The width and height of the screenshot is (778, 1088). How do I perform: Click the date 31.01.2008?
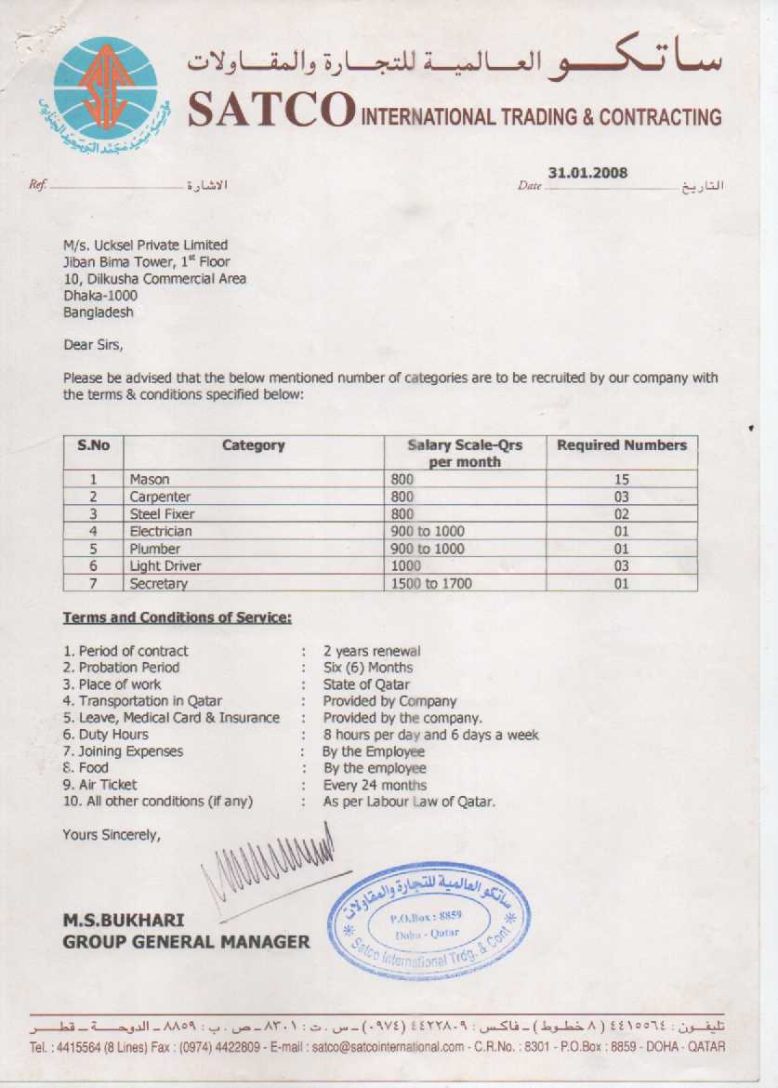[x=587, y=173]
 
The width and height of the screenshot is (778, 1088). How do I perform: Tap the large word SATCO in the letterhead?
[x=270, y=112]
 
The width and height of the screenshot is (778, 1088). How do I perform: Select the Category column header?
[x=253, y=445]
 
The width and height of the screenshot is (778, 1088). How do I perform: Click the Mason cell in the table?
[x=150, y=480]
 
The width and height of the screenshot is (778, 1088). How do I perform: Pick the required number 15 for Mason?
[x=621, y=480]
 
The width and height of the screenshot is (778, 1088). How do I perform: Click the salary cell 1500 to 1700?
[x=432, y=584]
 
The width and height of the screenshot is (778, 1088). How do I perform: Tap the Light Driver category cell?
[x=165, y=566]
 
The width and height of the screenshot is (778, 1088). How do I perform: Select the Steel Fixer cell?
[x=162, y=514]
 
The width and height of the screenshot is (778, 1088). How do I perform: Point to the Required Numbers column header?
[x=621, y=445]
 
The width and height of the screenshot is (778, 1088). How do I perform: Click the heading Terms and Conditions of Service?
[x=178, y=617]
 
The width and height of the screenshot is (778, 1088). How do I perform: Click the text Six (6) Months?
[x=368, y=668]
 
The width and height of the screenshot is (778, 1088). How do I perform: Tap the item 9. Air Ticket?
[x=99, y=785]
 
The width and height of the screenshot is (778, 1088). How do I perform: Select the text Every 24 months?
[x=375, y=785]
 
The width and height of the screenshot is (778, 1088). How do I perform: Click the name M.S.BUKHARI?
[x=123, y=920]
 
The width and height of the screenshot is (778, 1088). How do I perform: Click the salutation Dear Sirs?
[x=93, y=345]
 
